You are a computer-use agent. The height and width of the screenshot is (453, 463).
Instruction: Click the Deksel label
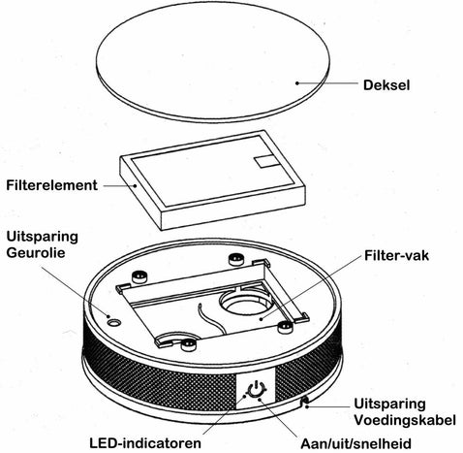click(386, 85)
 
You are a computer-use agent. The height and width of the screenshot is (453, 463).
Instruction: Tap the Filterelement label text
click(51, 185)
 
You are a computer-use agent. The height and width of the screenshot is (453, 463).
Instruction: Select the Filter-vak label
click(396, 255)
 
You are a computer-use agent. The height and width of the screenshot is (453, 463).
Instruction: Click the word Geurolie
click(36, 252)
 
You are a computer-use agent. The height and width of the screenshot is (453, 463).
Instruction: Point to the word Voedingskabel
click(405, 420)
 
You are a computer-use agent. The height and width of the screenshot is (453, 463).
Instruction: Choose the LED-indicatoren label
click(145, 443)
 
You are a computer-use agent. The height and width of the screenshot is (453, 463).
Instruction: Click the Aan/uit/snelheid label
click(355, 443)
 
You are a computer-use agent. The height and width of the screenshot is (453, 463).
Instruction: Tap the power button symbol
click(256, 389)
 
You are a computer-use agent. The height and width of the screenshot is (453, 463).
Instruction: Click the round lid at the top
click(213, 60)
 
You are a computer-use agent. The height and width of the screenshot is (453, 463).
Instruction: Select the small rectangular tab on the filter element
click(265, 161)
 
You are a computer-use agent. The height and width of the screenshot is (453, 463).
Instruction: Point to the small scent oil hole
click(114, 322)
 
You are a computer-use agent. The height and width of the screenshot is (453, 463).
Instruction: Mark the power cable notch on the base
click(304, 402)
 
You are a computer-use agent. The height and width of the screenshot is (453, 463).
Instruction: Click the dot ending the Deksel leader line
click(297, 83)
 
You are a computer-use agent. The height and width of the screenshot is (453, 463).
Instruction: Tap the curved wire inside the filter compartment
click(211, 320)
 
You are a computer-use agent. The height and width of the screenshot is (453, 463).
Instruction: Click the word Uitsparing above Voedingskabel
click(389, 404)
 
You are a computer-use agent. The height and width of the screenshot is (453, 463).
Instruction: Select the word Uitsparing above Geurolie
click(42, 237)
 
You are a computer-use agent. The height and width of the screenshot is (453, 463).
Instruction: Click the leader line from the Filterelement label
click(119, 185)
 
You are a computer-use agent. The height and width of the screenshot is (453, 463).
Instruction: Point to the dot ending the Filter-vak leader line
click(262, 319)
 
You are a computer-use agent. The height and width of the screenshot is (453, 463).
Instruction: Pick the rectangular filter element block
click(213, 179)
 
